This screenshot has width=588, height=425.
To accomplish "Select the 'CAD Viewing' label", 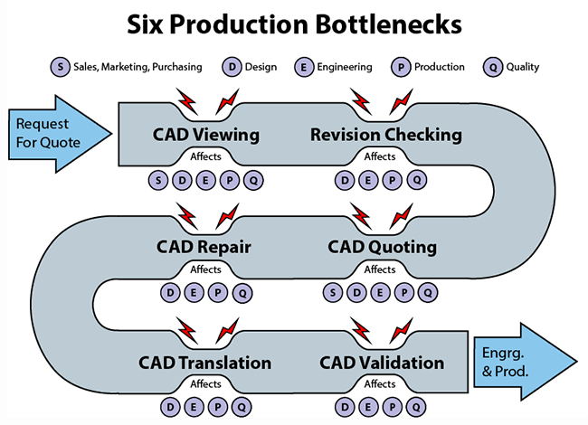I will pyautogui.click(x=205, y=135).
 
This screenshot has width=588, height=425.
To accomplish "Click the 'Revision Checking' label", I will pyautogui.click(x=386, y=135).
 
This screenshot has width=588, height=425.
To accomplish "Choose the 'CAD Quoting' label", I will pyautogui.click(x=383, y=247).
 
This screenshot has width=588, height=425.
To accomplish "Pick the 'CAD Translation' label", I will pyautogui.click(x=205, y=363).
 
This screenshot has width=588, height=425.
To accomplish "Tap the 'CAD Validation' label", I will pyautogui.click(x=382, y=363).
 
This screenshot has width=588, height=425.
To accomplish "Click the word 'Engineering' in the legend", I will pyautogui.click(x=344, y=67).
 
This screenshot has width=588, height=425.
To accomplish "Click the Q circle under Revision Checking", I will pyautogui.click(x=416, y=180).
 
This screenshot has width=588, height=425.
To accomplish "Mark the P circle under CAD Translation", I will pyautogui.click(x=217, y=407).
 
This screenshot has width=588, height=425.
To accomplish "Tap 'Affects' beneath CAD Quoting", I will pyautogui.click(x=380, y=269).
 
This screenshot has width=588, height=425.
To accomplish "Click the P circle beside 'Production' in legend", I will pyautogui.click(x=400, y=67).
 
